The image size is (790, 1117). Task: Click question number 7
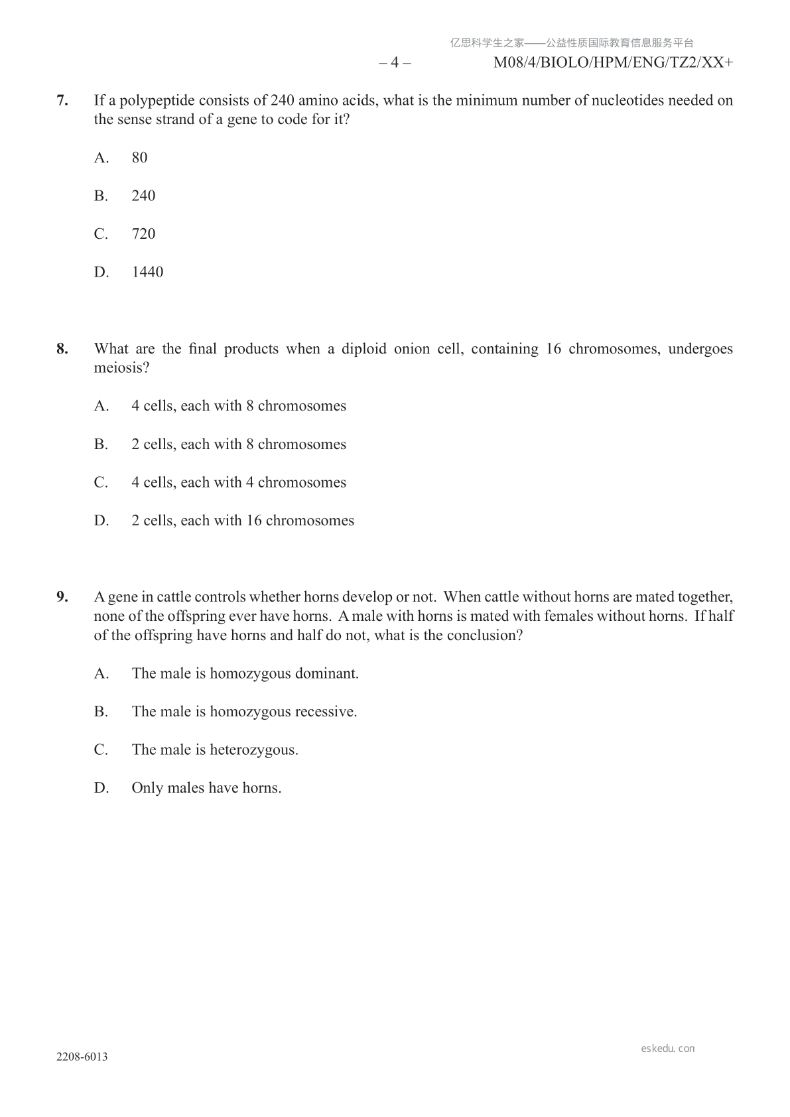pos(62,100)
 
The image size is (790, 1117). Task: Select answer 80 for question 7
pos(139,158)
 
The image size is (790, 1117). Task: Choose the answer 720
pos(143,234)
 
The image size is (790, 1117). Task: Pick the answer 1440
pos(147,272)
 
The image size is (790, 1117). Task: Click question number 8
pos(62,349)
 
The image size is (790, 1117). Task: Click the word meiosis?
pos(121,367)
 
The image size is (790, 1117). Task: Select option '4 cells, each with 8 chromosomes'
pos(238,406)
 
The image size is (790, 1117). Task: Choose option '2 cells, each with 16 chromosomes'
pos(242,521)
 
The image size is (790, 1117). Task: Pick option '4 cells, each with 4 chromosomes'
pos(238,482)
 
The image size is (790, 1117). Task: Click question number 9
pos(62,597)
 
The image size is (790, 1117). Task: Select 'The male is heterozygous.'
pos(214,750)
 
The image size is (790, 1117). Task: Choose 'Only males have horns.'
pos(206,788)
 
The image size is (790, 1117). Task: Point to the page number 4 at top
pos(395,63)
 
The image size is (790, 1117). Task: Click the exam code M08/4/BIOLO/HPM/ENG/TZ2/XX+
pos(614,63)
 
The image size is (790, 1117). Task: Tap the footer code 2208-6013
pos(82,1057)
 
